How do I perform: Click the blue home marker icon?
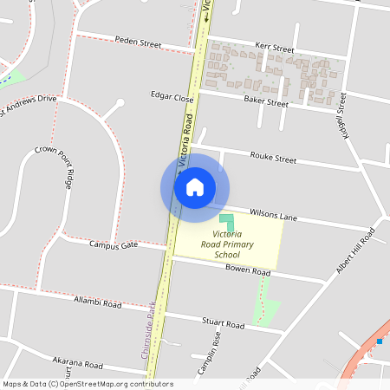pyautogui.click(x=195, y=187)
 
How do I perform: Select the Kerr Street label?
pyautogui.click(x=275, y=49)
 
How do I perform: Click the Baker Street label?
pyautogui.click(x=265, y=102)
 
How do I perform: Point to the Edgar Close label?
pyautogui.click(x=172, y=97)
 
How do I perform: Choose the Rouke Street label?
pyautogui.click(x=273, y=159)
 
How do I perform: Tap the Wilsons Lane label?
pyautogui.click(x=273, y=213)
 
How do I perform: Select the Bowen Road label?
pyautogui.click(x=249, y=270)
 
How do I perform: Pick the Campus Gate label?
pyautogui.click(x=114, y=245)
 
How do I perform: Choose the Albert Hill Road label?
pyautogui.click(x=355, y=252)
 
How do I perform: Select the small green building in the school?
pyautogui.click(x=227, y=222)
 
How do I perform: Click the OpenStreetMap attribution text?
pyautogui.click(x=88, y=384)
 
